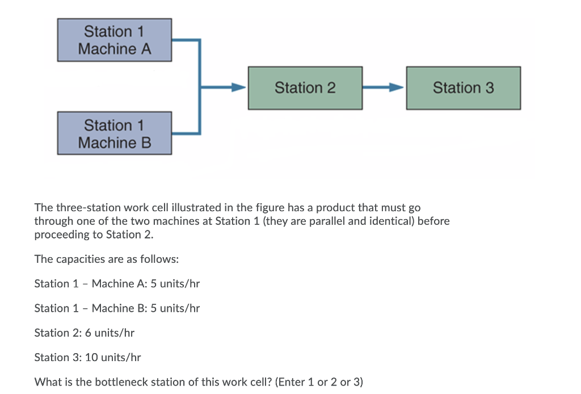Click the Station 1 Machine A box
(114, 40)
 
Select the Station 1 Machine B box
(114, 133)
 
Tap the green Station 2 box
(305, 88)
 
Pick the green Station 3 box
(463, 88)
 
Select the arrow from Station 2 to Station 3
(384, 88)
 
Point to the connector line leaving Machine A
(186, 40)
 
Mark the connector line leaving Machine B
(186, 134)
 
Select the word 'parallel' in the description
(326, 221)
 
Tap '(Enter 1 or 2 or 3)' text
(318, 382)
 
